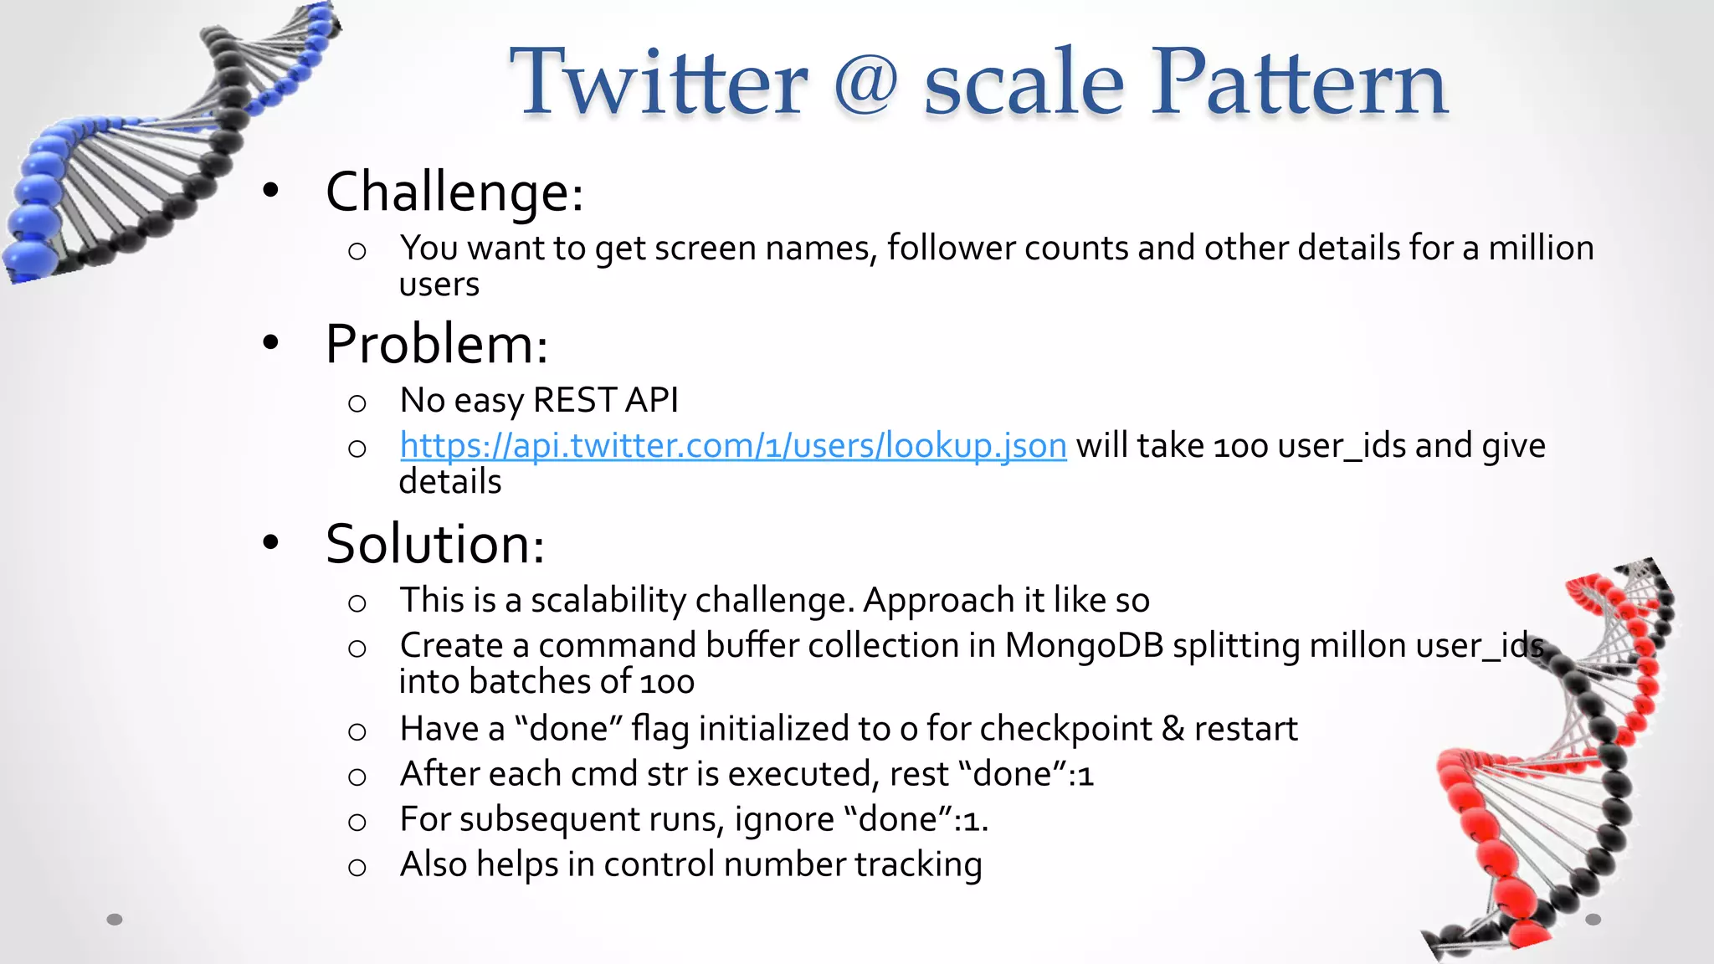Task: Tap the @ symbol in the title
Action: tap(865, 85)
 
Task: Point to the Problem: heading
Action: tap(436, 344)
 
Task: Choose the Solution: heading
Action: tap(434, 544)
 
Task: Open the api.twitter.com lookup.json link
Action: tap(733, 445)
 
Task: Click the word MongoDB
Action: tap(1084, 645)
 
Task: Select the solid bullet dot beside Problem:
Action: tap(269, 342)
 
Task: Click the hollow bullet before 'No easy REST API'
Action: tap(357, 403)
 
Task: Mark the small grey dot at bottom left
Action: tap(115, 920)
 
